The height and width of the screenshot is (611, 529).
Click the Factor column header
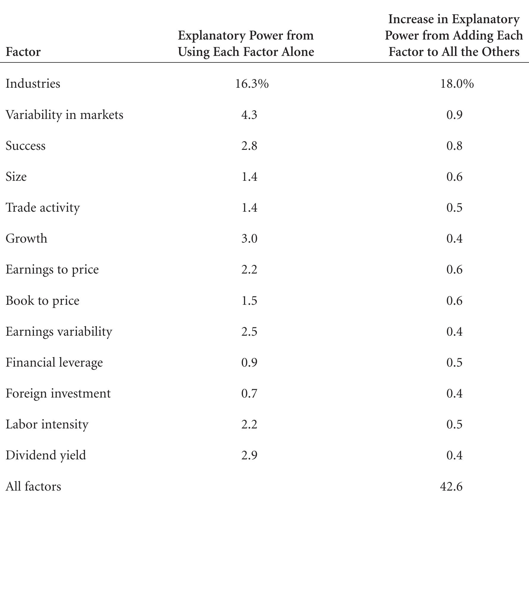23,52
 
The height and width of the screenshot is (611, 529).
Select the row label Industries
33,84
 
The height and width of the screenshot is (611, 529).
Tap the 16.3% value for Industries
252,84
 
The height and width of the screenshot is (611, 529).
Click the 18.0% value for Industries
457,84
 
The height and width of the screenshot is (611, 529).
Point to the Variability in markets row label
64,115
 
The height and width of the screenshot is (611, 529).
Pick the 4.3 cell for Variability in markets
249,115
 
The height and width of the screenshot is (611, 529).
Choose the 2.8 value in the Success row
249,146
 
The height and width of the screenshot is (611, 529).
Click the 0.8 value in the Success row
454,146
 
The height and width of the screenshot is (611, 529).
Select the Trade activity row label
43,208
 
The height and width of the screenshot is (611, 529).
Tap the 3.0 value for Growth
249,238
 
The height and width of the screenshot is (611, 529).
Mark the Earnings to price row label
52,270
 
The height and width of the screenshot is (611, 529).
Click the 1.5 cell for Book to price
249,301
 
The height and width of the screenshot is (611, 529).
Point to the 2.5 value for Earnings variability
249,332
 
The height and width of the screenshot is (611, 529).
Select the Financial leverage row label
54,362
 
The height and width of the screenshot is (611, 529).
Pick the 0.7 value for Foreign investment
249,393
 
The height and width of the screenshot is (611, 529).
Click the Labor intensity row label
47,424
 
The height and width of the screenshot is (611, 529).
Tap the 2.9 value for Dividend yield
249,455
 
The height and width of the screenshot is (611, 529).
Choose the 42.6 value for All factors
451,486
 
